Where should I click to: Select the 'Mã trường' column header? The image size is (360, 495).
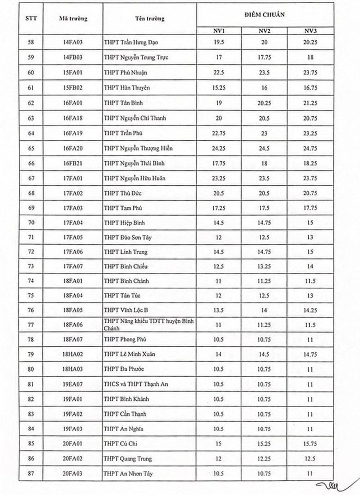[73, 19]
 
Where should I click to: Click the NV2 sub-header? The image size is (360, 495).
[264, 31]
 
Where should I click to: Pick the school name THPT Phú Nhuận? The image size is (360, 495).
[126, 73]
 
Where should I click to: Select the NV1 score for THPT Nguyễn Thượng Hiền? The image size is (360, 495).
[219, 148]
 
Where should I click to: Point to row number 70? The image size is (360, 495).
[31, 223]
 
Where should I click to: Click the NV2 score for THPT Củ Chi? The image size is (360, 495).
[264, 444]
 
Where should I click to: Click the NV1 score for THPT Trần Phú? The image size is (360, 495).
[219, 133]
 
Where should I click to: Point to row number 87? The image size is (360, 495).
[31, 473]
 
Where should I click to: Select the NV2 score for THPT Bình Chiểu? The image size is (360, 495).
[264, 266]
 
